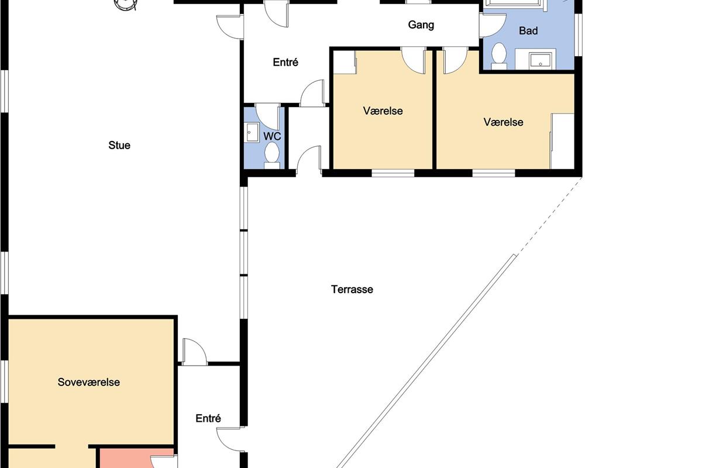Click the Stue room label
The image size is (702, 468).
(119, 145)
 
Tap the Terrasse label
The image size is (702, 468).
(352, 290)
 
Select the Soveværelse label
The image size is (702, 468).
(89, 382)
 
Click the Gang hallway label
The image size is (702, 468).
(421, 25)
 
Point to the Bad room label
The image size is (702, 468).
(528, 31)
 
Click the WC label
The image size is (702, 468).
(272, 136)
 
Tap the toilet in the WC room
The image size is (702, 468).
(271, 155)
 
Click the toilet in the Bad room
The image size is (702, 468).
(499, 56)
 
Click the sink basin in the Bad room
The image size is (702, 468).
(541, 60)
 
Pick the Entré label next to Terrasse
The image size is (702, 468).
(208, 418)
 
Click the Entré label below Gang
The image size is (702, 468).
(285, 62)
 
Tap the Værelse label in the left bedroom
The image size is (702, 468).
(383, 111)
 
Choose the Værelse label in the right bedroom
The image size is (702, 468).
(503, 122)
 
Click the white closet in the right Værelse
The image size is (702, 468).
(563, 142)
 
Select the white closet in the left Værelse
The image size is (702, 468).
(345, 63)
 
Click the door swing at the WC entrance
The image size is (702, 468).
(267, 116)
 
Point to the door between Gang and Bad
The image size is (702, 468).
(493, 25)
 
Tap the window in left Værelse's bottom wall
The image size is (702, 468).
(393, 173)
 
